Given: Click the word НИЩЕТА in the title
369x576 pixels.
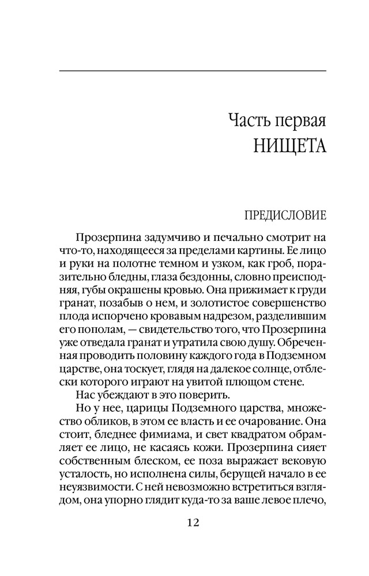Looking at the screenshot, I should (x=290, y=145).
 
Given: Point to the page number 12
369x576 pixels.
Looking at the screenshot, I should (x=193, y=523).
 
